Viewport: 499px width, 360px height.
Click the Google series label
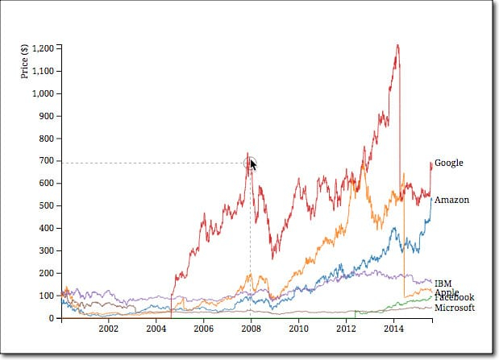coord(448,163)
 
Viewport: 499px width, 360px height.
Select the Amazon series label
coord(451,200)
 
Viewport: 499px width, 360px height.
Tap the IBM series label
coord(443,283)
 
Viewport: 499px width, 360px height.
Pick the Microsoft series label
coord(455,308)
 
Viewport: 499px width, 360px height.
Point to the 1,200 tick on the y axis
coord(41,48)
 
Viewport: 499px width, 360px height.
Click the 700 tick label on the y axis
coord(45,161)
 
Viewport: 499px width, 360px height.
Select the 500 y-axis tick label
coord(45,206)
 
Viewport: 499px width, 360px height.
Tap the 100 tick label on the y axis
coord(45,296)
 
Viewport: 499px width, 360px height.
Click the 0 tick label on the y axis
coord(52,319)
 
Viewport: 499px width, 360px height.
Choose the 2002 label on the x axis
coord(108,329)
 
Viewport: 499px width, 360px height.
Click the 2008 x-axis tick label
coord(251,329)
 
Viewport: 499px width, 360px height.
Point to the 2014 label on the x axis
coord(393,329)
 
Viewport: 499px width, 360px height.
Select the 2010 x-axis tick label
coord(298,329)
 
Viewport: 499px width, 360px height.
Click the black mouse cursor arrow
coord(253,165)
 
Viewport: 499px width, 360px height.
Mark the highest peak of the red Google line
coord(397,45)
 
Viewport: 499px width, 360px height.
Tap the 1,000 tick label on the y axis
coord(41,93)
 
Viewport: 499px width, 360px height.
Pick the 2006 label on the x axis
coord(203,329)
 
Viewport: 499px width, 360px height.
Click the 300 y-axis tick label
coord(45,251)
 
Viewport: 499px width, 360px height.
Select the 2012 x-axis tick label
coord(346,329)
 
